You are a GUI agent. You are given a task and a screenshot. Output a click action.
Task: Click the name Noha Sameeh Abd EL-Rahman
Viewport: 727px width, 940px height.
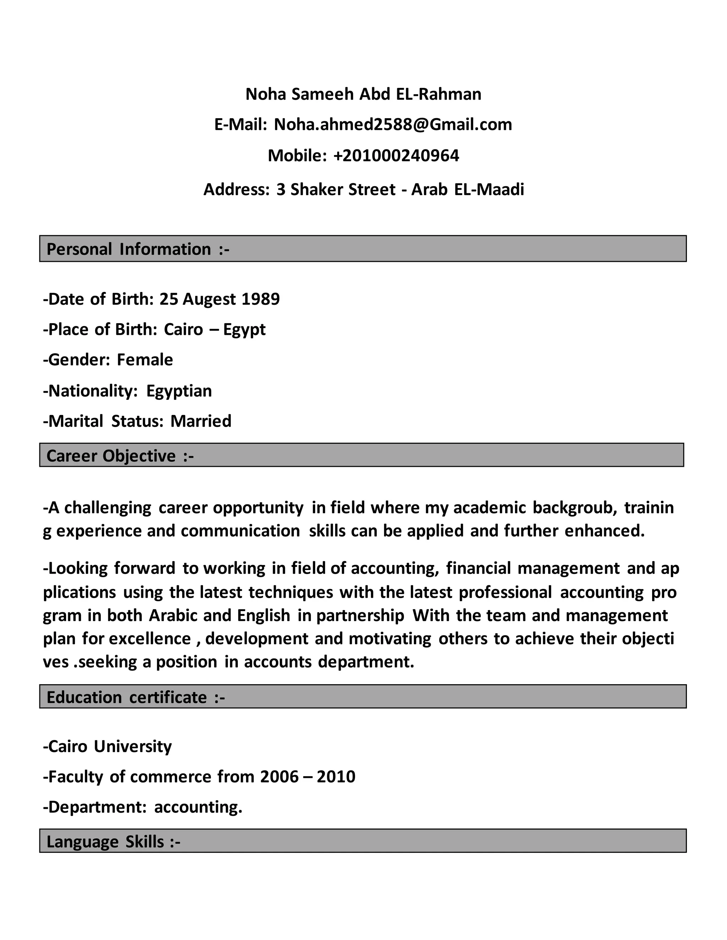(363, 94)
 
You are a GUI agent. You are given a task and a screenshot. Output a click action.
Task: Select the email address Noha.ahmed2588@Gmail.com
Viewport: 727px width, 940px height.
(393, 125)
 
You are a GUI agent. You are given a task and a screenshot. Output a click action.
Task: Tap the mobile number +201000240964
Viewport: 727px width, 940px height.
(396, 156)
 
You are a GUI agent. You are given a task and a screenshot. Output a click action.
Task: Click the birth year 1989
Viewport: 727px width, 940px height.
(261, 299)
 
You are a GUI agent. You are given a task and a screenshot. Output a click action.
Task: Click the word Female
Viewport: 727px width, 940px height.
(145, 360)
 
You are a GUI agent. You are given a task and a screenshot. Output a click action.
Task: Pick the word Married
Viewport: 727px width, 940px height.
(201, 421)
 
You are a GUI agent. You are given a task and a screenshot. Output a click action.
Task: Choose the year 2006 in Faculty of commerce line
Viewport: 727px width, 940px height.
(279, 777)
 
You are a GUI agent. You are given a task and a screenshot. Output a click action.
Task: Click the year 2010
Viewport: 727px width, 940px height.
(336, 777)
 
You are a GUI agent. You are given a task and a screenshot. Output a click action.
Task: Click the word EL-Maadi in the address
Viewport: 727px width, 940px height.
(489, 190)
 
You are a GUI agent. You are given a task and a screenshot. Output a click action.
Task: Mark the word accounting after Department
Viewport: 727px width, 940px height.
(198, 807)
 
